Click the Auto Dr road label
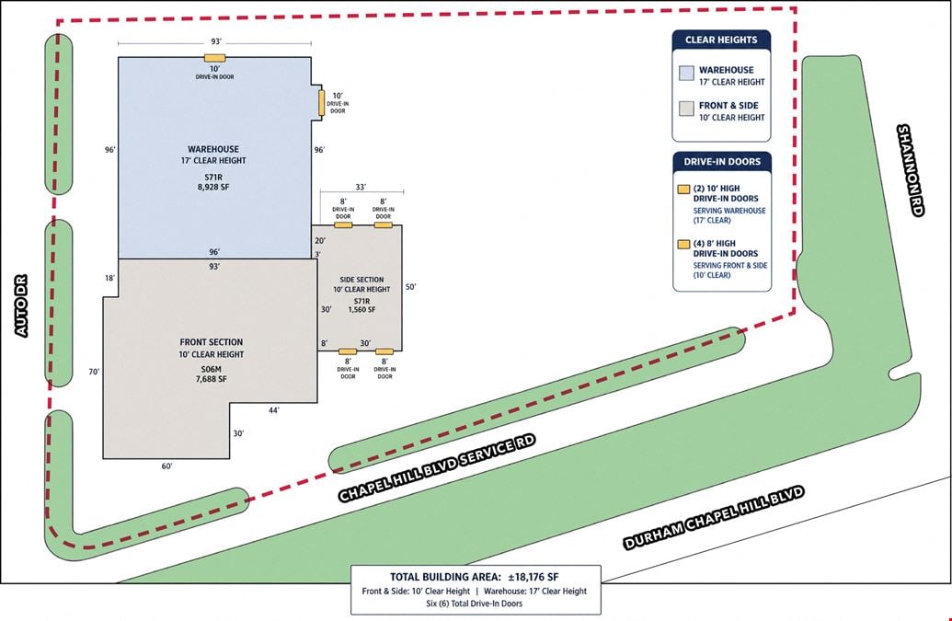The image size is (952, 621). click(x=21, y=306)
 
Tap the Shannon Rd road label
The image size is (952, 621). click(x=911, y=170)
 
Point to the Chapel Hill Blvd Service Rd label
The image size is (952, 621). click(x=437, y=467)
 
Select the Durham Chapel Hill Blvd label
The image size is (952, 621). click(x=714, y=518)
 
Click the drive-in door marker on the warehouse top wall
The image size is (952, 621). click(x=214, y=58)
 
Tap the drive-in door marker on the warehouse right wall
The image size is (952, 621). click(x=322, y=103)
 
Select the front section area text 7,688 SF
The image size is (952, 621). click(x=212, y=379)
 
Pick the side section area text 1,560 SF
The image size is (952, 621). click(x=361, y=310)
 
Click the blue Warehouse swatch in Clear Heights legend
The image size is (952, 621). click(x=686, y=74)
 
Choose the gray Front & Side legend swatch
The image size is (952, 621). click(x=686, y=109)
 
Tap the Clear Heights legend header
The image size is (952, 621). click(x=721, y=40)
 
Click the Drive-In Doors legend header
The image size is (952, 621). click(x=722, y=162)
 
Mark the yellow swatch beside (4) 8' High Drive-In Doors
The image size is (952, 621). click(x=683, y=244)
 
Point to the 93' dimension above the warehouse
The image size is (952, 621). click(x=216, y=42)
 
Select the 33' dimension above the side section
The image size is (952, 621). click(x=361, y=188)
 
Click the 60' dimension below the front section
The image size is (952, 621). click(x=167, y=466)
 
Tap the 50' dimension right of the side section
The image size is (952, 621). click(x=411, y=286)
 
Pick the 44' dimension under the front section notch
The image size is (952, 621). click(x=274, y=410)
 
